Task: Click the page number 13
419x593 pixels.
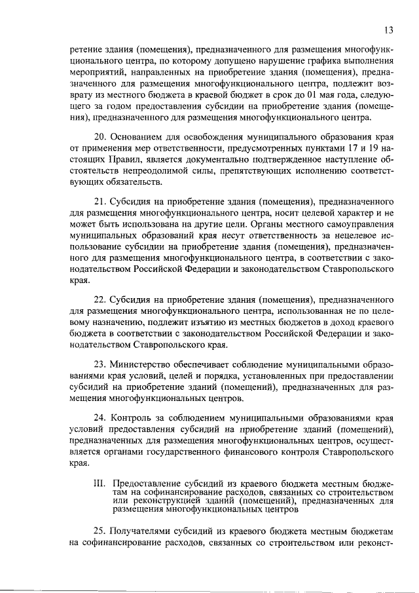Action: pyautogui.click(x=388, y=29)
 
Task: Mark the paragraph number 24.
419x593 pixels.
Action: pyautogui.click(x=98, y=417)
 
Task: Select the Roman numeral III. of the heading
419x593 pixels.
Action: pyautogui.click(x=100, y=483)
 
